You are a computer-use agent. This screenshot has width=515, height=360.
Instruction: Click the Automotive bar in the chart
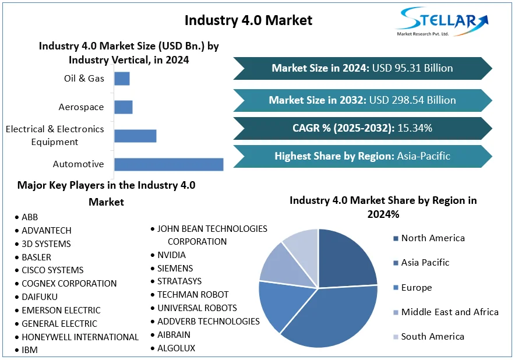click(168, 164)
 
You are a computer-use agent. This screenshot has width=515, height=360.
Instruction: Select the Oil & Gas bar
click(122, 79)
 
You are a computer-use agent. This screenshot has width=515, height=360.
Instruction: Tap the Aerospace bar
click(124, 107)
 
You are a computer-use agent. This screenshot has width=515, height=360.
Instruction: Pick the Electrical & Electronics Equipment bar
click(135, 136)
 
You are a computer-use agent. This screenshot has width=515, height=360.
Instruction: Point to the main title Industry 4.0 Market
click(248, 20)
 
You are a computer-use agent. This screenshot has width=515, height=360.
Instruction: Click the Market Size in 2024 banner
click(362, 68)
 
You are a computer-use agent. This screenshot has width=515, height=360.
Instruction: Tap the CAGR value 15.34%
click(415, 128)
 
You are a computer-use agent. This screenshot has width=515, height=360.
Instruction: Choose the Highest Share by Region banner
click(362, 156)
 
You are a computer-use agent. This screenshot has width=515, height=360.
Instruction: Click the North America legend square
click(396, 238)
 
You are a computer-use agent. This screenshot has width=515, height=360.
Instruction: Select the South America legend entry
click(432, 336)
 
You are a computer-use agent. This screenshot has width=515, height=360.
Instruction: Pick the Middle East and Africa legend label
click(450, 312)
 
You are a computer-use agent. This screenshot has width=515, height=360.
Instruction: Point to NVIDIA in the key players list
click(171, 255)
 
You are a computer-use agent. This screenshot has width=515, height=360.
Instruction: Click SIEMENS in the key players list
click(175, 269)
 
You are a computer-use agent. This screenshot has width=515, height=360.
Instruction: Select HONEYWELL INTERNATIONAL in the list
click(80, 337)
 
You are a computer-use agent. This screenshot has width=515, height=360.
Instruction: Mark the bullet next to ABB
click(16, 217)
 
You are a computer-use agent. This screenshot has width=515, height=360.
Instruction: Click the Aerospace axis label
click(81, 107)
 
